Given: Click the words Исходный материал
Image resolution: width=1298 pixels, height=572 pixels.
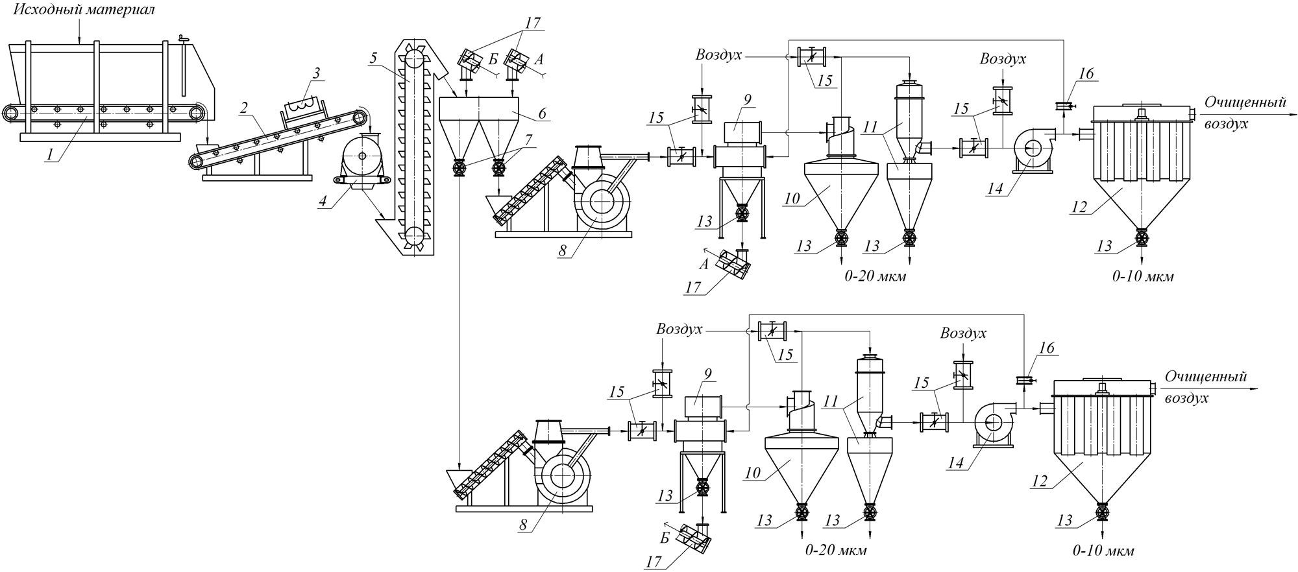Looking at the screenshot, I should [84, 10].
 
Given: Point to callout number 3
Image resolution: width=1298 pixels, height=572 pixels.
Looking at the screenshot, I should [316, 73].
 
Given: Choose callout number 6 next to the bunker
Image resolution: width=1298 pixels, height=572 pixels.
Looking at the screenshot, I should [543, 113].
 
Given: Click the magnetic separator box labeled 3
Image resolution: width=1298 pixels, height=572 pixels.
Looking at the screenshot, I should [304, 108].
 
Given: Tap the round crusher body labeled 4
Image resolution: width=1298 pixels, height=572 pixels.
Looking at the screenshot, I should [362, 156].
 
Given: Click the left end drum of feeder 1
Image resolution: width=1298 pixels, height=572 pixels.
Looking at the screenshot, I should [11, 113].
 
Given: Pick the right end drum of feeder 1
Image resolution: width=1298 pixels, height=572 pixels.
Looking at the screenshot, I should [196, 113].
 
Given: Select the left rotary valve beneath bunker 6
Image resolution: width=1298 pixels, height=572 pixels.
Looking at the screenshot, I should [459, 169].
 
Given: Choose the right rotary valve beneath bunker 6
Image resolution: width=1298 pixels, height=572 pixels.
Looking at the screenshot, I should [498, 169].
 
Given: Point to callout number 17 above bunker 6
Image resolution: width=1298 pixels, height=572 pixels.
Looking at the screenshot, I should [532, 23].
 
